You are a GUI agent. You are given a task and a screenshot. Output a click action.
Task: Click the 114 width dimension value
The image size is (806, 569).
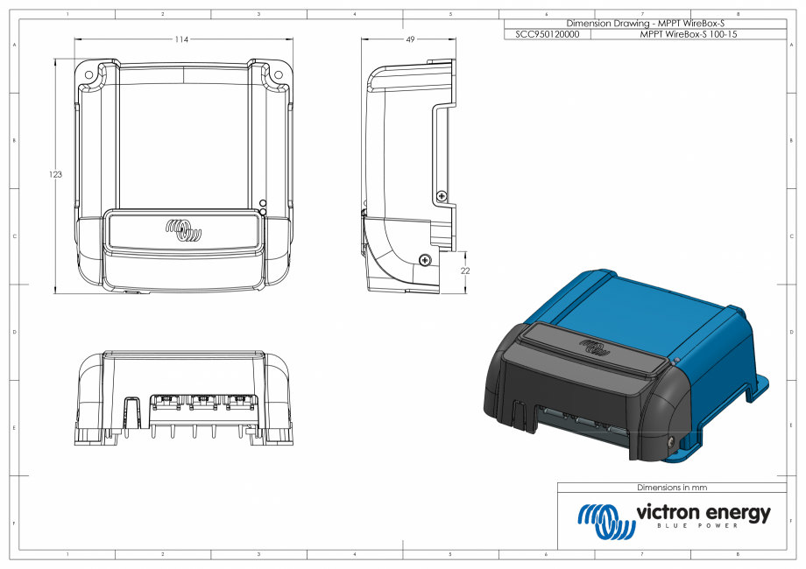[182, 39]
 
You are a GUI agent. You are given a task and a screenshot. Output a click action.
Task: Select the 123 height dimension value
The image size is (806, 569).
[55, 175]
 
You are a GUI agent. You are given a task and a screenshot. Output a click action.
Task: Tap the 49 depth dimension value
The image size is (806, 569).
[410, 39]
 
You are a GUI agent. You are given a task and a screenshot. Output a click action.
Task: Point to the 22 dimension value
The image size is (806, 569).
[465, 271]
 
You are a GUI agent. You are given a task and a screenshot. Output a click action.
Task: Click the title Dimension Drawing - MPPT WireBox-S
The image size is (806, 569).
[645, 24]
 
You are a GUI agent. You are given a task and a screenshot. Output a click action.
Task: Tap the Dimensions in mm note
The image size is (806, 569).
[671, 488]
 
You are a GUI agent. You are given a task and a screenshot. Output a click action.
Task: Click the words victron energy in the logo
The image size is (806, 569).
[703, 511]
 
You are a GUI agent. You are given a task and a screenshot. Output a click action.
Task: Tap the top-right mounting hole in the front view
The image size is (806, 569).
[279, 74]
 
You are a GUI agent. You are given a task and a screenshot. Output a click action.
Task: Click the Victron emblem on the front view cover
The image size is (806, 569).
[184, 232]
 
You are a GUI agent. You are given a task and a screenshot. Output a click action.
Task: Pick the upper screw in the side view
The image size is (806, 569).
[442, 194]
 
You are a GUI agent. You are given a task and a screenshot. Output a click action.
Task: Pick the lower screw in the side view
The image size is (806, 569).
[425, 260]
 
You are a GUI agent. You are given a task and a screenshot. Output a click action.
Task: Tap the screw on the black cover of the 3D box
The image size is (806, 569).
[671, 443]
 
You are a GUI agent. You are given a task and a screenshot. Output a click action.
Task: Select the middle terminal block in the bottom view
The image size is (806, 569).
[202, 402]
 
